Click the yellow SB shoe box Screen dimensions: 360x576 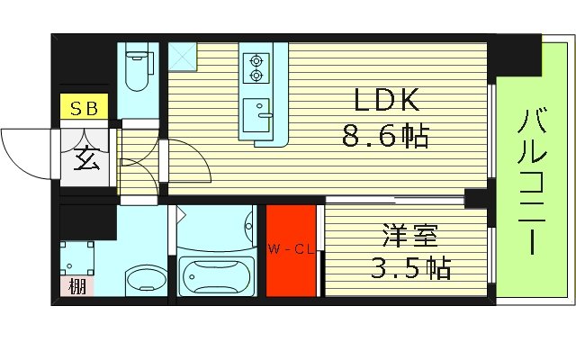coord(84,106)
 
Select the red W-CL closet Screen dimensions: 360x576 coord(291,250)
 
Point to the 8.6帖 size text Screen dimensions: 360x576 coord(384,137)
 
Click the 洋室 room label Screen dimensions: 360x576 coord(409,238)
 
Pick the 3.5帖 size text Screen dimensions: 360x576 coord(409,268)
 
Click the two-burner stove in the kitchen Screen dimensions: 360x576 coord(256,63)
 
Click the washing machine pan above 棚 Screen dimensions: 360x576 coord(76,256)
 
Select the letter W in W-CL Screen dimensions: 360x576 coord(271,249)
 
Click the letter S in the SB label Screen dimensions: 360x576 coord(76,106)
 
